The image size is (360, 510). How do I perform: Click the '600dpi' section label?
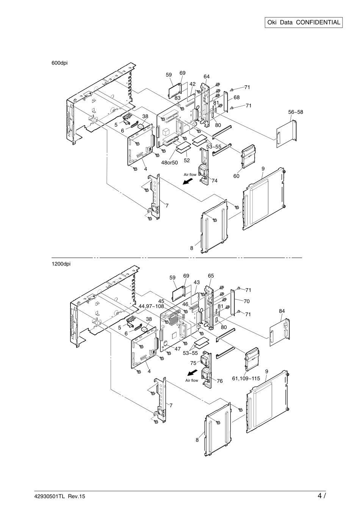pyautogui.click(x=59, y=63)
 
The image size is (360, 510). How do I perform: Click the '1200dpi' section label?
pyautogui.click(x=61, y=264)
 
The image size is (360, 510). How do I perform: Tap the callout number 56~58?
pyautogui.click(x=296, y=112)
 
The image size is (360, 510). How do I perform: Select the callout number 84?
pyautogui.click(x=282, y=311)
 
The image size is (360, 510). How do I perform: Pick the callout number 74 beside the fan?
pyautogui.click(x=214, y=181)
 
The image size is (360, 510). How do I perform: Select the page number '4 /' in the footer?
pyautogui.click(x=322, y=496)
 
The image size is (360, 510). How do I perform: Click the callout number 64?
pyautogui.click(x=207, y=76)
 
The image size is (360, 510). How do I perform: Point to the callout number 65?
pyautogui.click(x=211, y=276)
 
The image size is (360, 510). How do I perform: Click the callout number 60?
pyautogui.click(x=236, y=176)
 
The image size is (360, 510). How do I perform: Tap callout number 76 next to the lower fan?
pyautogui.click(x=219, y=381)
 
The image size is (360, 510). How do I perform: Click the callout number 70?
pyautogui.click(x=246, y=302)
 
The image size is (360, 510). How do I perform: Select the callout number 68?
pyautogui.click(x=236, y=97)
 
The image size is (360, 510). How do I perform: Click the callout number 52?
pyautogui.click(x=187, y=160)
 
